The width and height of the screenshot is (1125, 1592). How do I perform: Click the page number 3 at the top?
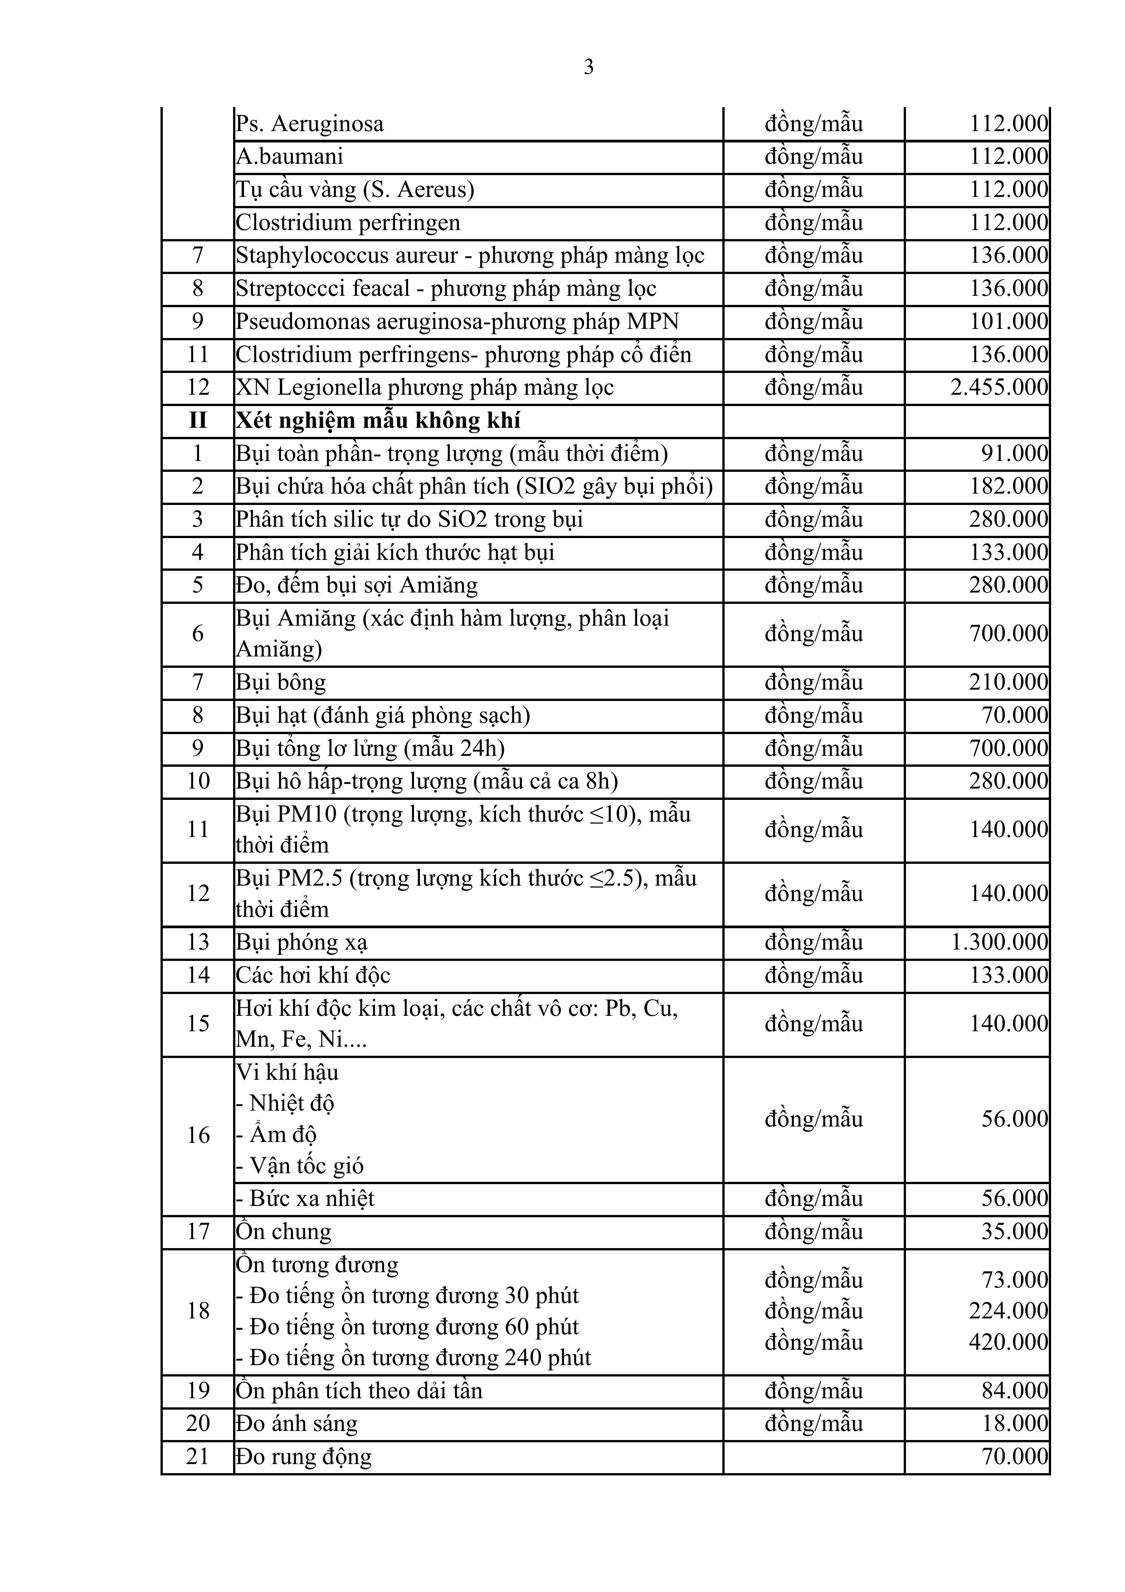point(589,67)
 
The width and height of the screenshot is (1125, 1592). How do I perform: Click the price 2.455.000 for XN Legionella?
point(999,387)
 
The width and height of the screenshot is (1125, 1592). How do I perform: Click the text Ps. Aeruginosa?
point(309,124)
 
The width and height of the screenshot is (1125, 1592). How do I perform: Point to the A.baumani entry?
point(290,157)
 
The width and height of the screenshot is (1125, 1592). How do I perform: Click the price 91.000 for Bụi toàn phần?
point(1014,454)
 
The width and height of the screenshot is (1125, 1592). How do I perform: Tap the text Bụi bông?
point(281,683)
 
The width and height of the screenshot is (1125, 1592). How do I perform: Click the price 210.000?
point(1008,683)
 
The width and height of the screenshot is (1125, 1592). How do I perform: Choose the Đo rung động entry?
point(304,1457)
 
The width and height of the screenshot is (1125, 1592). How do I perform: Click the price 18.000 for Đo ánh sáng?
point(1014,1424)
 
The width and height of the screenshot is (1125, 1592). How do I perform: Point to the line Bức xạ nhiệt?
point(306,1199)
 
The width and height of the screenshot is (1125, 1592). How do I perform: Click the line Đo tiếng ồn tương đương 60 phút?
point(408,1327)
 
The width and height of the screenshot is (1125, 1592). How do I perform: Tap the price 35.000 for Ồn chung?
point(1014,1231)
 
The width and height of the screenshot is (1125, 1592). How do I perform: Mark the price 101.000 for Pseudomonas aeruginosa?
point(1008,322)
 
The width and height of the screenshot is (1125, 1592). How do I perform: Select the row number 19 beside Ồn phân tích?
point(198,1391)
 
